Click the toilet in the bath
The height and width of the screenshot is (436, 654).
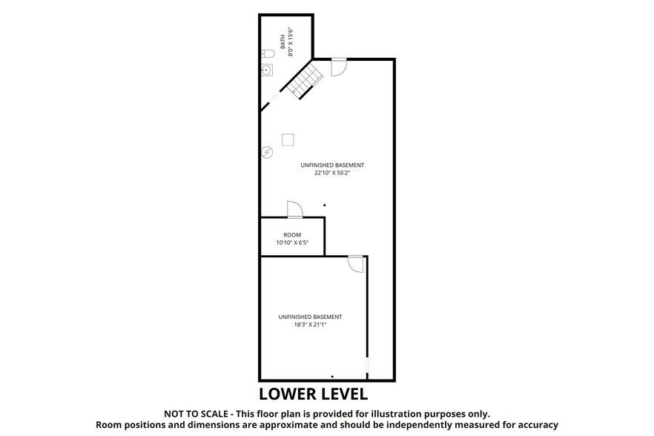268,53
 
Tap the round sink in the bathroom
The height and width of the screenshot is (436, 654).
268,71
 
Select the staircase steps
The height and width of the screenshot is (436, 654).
306,80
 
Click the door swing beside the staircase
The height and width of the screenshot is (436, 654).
338,66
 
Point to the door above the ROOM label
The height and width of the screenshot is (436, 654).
293,209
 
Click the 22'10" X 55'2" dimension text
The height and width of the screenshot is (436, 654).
332,173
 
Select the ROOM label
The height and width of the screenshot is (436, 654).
292,234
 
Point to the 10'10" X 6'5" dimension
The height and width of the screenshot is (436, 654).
292,242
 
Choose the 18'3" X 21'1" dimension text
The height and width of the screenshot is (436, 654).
310,324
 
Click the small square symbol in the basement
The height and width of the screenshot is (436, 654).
288,139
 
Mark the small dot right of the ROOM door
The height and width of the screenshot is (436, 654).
324,205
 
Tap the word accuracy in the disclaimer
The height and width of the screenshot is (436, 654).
532,425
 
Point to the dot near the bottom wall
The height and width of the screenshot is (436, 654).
332,376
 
